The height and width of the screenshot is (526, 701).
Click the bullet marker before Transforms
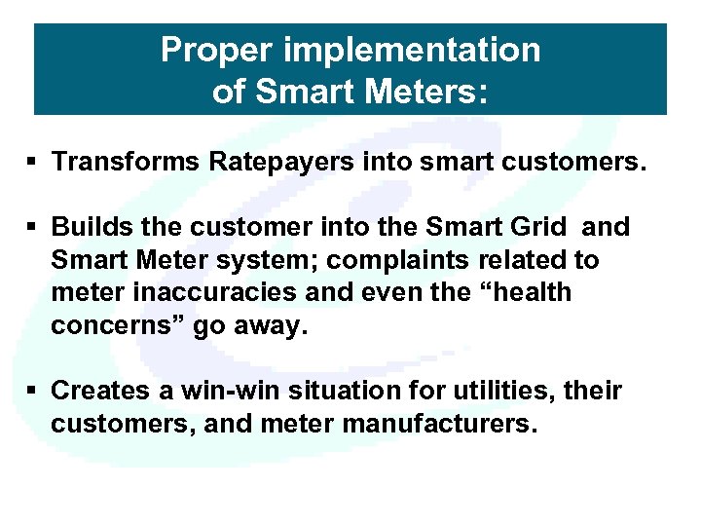point(32,161)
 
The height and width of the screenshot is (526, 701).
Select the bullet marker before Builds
point(32,227)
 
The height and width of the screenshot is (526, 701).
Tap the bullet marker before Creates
point(32,391)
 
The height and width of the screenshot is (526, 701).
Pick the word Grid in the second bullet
point(540,227)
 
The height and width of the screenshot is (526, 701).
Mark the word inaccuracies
point(205,293)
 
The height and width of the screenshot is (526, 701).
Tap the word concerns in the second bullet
point(115,326)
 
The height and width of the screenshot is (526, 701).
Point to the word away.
point(269,326)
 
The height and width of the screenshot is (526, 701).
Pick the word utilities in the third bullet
point(505,391)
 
